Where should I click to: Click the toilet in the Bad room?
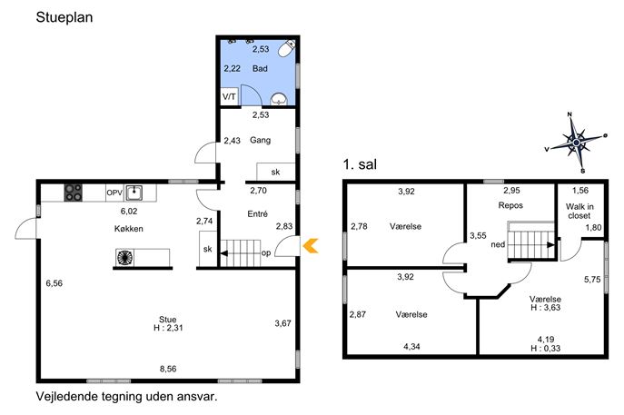(286, 48)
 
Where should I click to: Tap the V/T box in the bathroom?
(229, 96)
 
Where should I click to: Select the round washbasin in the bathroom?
(279, 99)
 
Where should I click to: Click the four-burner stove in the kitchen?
(74, 193)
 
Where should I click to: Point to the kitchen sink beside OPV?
(134, 193)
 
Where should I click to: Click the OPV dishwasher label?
(114, 193)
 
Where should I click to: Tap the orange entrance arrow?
(311, 245)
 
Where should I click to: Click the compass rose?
(576, 142)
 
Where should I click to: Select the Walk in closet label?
(579, 211)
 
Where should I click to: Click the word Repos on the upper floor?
(510, 205)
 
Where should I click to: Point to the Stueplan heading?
(64, 17)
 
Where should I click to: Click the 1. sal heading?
(360, 164)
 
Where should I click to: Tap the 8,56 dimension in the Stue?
(168, 369)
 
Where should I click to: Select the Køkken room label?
(129, 229)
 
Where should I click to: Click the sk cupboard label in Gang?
(275, 172)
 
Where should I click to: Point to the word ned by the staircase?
(498, 244)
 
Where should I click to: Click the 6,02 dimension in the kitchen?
(129, 212)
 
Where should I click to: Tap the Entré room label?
(257, 213)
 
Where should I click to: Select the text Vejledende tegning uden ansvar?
(127, 396)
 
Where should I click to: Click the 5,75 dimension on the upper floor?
(592, 280)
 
